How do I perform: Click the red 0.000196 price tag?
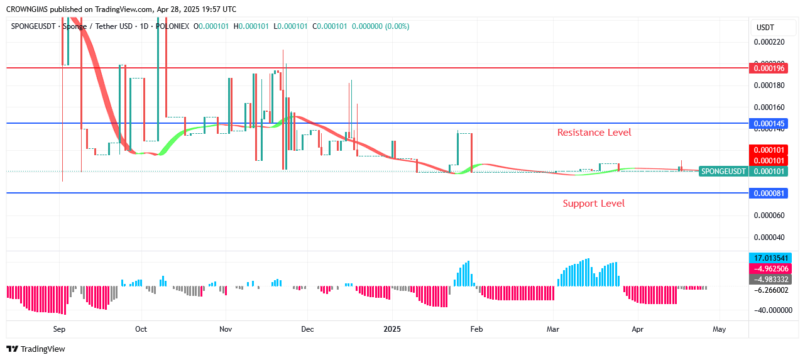pos(769,68)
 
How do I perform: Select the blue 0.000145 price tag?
pos(769,124)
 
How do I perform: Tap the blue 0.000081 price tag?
pos(769,194)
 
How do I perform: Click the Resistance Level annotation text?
pos(594,133)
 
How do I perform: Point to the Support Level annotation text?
pos(593,204)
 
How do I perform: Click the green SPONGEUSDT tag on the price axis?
pos(723,172)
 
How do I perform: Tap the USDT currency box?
pos(765,28)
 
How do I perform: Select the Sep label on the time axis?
pos(59,329)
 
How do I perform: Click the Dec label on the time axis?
pos(307,329)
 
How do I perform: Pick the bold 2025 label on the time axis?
pos(392,329)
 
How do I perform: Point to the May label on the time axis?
pos(720,329)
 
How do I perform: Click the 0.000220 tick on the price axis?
pos(769,42)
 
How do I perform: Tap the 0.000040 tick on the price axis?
pos(769,237)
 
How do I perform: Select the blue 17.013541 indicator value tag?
pos(770,258)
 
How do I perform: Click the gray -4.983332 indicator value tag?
pos(770,280)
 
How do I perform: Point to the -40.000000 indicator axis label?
pos(770,310)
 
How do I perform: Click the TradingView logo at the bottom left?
pos(36,349)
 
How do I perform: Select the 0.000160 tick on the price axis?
pos(769,107)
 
